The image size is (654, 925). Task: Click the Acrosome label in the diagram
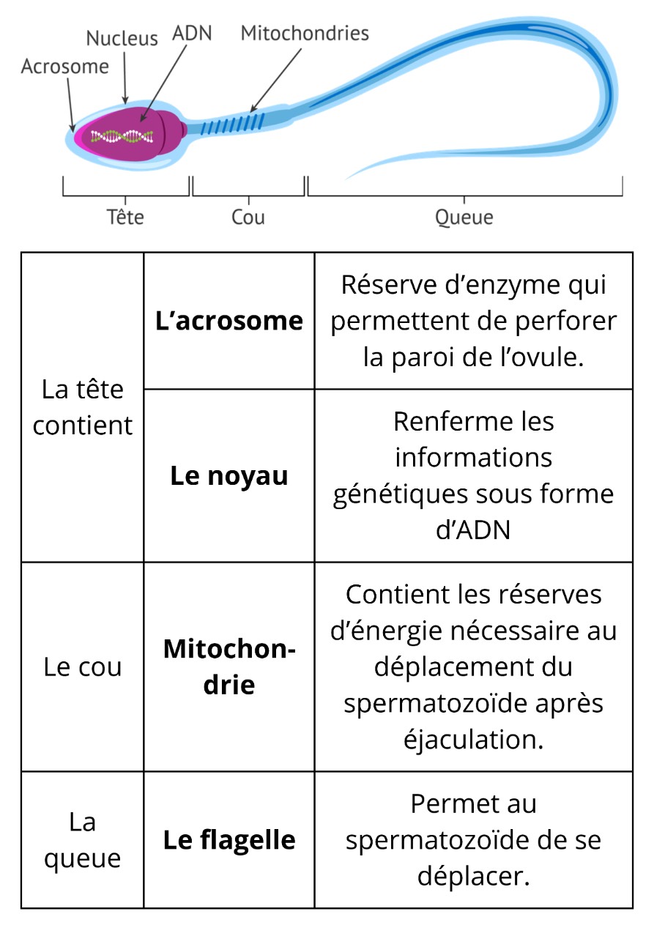[x=64, y=67]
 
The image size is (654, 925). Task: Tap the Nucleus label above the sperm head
[x=122, y=39]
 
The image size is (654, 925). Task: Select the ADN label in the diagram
[x=192, y=34]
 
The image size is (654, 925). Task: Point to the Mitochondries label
[x=305, y=33]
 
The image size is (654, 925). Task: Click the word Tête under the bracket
[x=125, y=218]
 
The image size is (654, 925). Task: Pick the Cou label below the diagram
[x=248, y=218]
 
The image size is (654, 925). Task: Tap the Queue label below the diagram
[x=464, y=218]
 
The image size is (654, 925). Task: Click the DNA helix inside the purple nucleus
[x=122, y=136]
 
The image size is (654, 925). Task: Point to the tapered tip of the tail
[x=352, y=177]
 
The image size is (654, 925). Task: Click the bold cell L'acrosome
[x=229, y=321]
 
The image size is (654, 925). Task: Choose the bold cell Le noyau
[x=229, y=476]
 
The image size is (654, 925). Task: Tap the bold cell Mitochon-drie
[x=229, y=666]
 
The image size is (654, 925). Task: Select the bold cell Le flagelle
[x=229, y=839]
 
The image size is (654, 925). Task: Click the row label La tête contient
[x=83, y=407]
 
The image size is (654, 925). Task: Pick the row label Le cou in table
[x=83, y=667]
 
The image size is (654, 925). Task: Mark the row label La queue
[x=83, y=840]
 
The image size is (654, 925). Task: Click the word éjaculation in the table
[x=474, y=739]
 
